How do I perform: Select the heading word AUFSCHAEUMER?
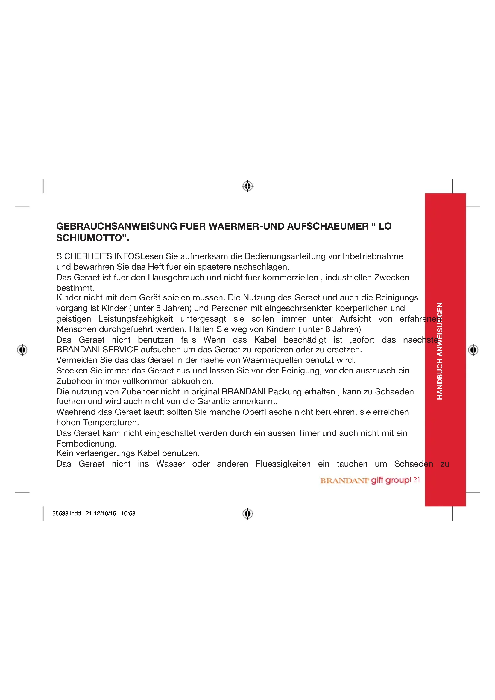[328, 226]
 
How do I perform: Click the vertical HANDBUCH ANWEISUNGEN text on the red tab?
[440, 351]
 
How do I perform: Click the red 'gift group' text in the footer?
[391, 480]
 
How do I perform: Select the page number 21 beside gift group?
[417, 480]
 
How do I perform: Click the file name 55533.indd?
[66, 514]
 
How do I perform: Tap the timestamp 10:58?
[128, 514]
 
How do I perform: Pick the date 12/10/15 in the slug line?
[105, 514]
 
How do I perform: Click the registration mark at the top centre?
[248, 186]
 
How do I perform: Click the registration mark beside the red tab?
[473, 350]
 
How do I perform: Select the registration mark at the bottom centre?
[248, 514]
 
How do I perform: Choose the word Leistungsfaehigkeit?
[136, 319]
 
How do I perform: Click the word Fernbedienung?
[86, 444]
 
